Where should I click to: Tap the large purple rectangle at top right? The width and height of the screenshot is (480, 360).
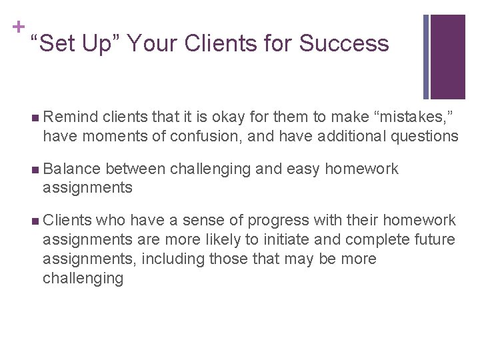click(x=448, y=57)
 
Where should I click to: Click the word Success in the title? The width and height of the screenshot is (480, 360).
click(x=344, y=44)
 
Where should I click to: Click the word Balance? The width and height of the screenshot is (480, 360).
click(x=71, y=169)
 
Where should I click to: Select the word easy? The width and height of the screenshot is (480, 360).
click(x=303, y=169)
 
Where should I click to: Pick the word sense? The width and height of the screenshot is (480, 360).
click(x=199, y=221)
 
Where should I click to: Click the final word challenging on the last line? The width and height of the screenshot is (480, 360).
click(x=83, y=278)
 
